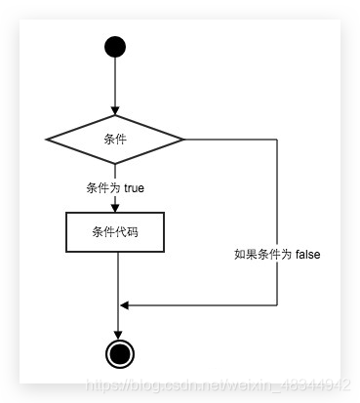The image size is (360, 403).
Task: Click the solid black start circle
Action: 115,47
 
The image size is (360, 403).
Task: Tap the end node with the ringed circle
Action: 119,352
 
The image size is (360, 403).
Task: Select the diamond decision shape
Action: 115,140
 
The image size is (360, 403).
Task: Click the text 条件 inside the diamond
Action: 115,140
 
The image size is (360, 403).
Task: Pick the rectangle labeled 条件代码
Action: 115,232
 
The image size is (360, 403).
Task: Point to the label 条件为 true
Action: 115,187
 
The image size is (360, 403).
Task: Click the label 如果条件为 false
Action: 277,254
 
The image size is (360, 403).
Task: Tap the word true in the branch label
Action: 134,187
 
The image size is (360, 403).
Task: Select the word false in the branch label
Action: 306,254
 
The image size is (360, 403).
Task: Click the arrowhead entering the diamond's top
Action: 115,109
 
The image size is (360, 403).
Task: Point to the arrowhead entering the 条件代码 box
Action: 115,207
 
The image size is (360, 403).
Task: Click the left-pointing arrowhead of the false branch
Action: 124,305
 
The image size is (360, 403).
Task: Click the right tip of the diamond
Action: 183,140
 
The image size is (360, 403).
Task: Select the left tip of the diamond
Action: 48,140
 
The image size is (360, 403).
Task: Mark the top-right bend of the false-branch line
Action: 277,140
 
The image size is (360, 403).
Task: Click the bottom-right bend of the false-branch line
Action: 277,305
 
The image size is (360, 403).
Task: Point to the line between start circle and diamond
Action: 115,83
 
